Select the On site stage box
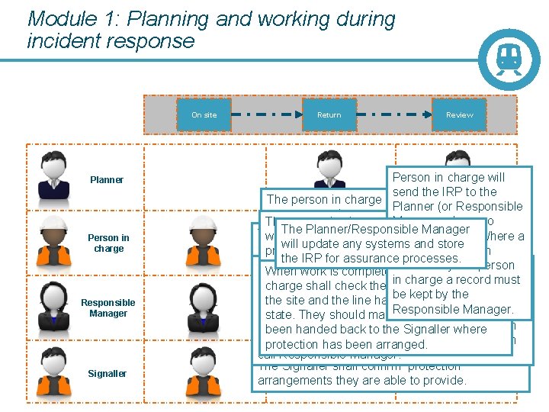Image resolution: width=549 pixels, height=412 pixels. [204, 114]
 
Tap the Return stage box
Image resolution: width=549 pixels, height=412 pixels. [329, 114]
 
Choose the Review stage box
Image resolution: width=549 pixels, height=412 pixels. [459, 114]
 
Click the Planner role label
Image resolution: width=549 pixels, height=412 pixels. [107, 180]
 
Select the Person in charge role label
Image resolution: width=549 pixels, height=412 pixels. [108, 243]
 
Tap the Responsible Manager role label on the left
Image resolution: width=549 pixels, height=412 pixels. [108, 307]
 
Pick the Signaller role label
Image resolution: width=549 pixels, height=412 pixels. [108, 373]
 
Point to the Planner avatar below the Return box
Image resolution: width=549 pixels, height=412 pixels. [329, 172]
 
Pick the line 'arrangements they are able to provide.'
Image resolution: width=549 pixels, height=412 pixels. [361, 380]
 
